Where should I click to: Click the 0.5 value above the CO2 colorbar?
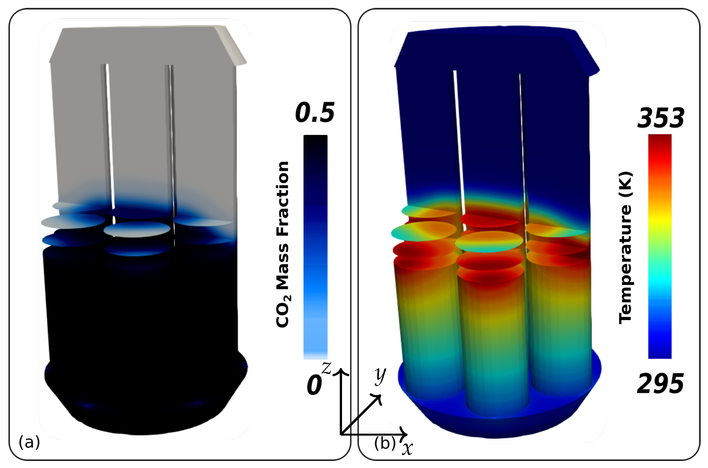[x=315, y=113]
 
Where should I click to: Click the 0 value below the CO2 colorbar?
[x=314, y=385]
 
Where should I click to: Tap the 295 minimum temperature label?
[x=660, y=384]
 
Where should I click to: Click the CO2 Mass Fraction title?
[x=283, y=244]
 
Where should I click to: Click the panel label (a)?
[x=29, y=442]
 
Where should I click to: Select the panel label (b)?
[x=385, y=443]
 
